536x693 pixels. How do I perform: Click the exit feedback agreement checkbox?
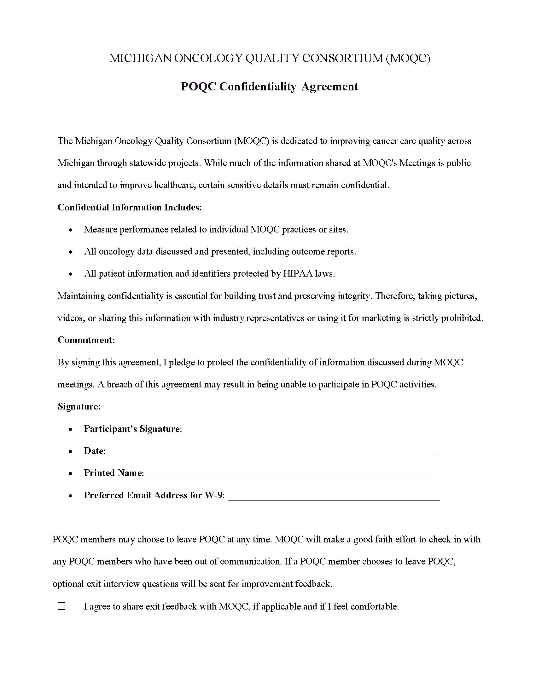pyautogui.click(x=61, y=606)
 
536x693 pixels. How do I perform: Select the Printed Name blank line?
pyautogui.click(x=292, y=475)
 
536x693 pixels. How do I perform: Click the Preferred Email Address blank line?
pyautogui.click(x=334, y=497)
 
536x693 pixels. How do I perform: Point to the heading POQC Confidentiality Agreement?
pyautogui.click(x=269, y=87)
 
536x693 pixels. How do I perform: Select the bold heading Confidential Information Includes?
pyautogui.click(x=130, y=208)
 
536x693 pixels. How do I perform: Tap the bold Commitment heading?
pyautogui.click(x=86, y=340)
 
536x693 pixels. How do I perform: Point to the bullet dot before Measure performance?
pyautogui.click(x=71, y=230)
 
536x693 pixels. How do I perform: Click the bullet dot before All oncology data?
pyautogui.click(x=71, y=252)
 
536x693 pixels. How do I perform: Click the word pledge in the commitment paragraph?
pyautogui.click(x=181, y=362)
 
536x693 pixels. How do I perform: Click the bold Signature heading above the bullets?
pyautogui.click(x=79, y=407)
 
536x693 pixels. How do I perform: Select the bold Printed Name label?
pyautogui.click(x=114, y=473)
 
